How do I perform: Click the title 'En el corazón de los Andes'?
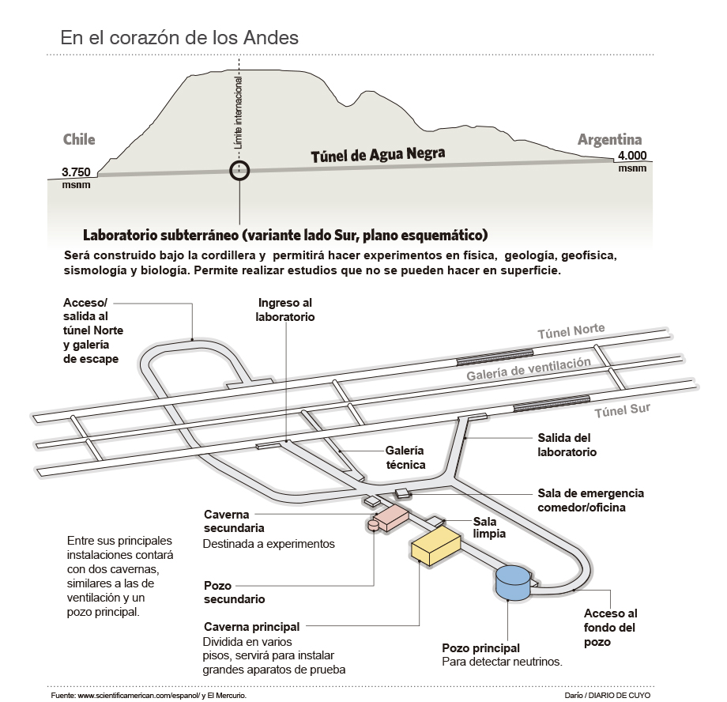[x=180, y=37]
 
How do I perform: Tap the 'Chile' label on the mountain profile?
[x=79, y=140]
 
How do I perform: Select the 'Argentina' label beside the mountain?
[x=609, y=140]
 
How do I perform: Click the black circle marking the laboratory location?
[x=239, y=169]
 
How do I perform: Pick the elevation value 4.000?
[x=632, y=156]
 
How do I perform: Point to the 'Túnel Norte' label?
[x=571, y=330]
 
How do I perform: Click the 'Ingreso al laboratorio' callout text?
[x=285, y=310]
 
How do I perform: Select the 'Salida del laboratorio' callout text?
[x=567, y=445]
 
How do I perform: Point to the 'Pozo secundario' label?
[x=234, y=592]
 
